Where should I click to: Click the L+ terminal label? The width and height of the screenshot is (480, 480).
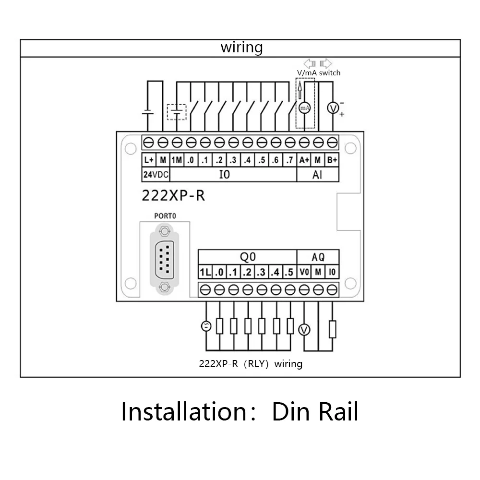[x=149, y=160]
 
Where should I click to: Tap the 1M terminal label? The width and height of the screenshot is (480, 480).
[x=177, y=160]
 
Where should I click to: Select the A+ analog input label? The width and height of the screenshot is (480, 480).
[x=304, y=160]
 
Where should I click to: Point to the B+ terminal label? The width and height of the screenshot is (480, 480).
[x=332, y=160]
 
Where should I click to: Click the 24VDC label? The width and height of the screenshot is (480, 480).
[x=156, y=175]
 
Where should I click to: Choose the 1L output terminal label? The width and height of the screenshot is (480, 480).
[x=205, y=272]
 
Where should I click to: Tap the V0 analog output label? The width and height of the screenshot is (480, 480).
[x=304, y=272]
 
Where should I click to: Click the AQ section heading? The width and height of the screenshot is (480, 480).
[x=318, y=257]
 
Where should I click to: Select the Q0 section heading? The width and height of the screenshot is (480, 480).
[x=248, y=257]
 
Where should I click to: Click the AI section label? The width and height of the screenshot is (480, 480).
[x=317, y=175]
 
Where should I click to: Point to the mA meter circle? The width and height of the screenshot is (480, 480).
[x=304, y=108]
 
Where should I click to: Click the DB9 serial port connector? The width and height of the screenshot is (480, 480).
[x=165, y=259]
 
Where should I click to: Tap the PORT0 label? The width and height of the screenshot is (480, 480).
[x=165, y=216]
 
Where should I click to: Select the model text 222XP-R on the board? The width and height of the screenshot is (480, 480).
[x=173, y=196]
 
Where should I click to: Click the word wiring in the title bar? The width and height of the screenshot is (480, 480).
[x=241, y=48]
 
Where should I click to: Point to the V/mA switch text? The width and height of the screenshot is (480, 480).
[x=319, y=73]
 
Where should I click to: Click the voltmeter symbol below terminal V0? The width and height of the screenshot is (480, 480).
[x=304, y=330]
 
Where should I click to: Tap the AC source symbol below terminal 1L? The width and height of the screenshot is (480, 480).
[x=206, y=326]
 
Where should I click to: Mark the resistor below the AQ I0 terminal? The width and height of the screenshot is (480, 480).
[x=333, y=329]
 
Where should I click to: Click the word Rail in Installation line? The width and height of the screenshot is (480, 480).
[x=338, y=412]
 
